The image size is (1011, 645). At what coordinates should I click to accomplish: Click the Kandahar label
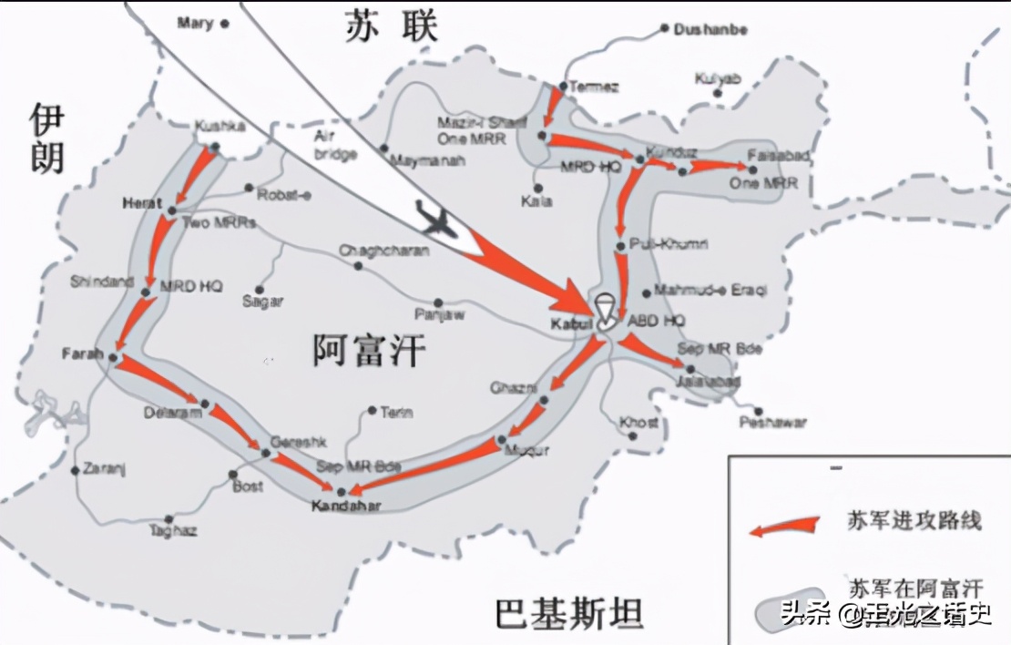pyautogui.click(x=345, y=506)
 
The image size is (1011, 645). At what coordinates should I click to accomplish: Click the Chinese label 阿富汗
pyautogui.click(x=369, y=349)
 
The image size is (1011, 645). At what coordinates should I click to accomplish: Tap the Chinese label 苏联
pyautogui.click(x=391, y=27)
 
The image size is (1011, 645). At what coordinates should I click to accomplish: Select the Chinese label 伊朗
pyautogui.click(x=46, y=138)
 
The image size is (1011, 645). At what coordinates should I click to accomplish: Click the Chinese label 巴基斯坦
pyautogui.click(x=569, y=612)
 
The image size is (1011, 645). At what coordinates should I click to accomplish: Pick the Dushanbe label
pyautogui.click(x=710, y=29)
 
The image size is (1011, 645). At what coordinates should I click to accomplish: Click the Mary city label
pyautogui.click(x=196, y=22)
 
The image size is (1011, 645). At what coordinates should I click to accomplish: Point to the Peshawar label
pyautogui.click(x=773, y=423)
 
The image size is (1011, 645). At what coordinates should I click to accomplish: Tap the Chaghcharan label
pyautogui.click(x=383, y=251)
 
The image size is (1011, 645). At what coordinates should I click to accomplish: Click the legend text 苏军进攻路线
pyautogui.click(x=914, y=521)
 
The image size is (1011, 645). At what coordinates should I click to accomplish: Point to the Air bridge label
pyautogui.click(x=334, y=146)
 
